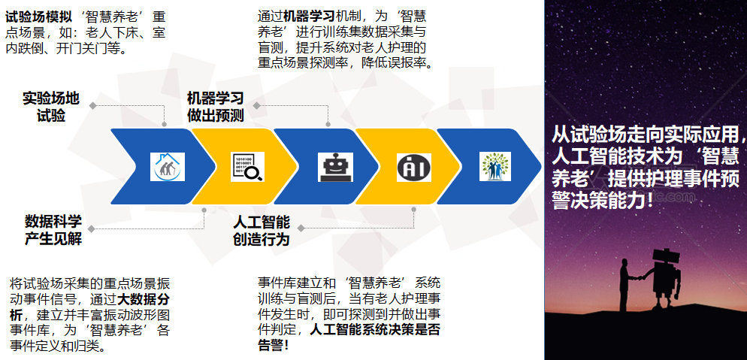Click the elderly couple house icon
click(x=168, y=167)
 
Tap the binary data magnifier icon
click(x=248, y=167)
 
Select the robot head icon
click(x=335, y=167)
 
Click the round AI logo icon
click(x=413, y=167)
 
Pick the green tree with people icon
click(x=495, y=166)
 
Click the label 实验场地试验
click(x=51, y=107)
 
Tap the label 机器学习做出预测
click(x=216, y=107)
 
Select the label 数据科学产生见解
click(x=53, y=230)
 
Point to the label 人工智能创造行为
click(x=262, y=230)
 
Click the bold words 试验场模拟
click(x=38, y=17)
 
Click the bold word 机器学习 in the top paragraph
click(x=310, y=17)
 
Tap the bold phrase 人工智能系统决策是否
click(x=376, y=329)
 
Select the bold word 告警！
click(x=274, y=345)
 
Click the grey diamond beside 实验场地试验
click(x=92, y=105)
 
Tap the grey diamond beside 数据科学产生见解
click(x=91, y=229)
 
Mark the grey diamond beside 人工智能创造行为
click(x=301, y=228)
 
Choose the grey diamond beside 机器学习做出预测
click(x=256, y=105)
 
